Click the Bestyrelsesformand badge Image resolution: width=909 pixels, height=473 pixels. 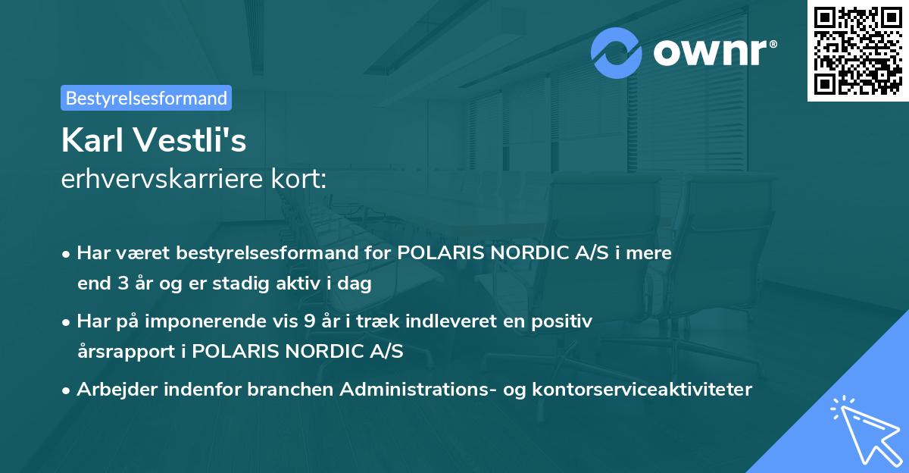(146, 98)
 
